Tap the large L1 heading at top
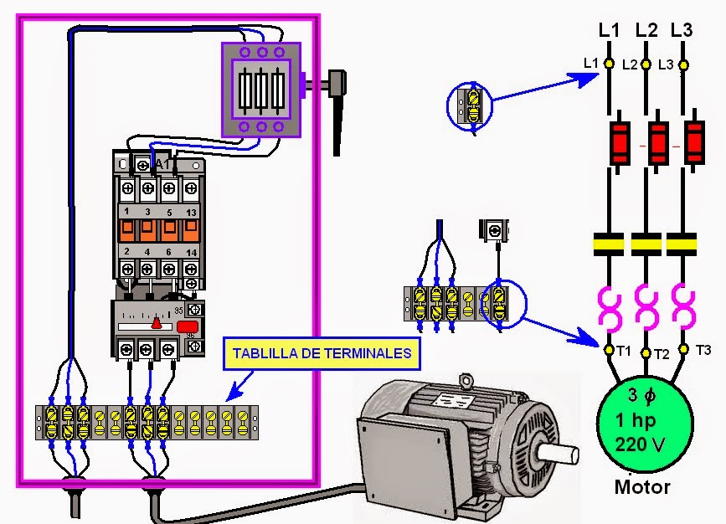coord(610,30)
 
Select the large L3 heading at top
coord(682,30)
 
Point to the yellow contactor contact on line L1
coord(610,244)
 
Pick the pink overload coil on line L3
coord(683,306)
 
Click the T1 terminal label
coord(624,351)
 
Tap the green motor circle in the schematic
coord(645,419)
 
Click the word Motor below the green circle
coord(643,486)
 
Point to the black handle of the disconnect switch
coord(337,113)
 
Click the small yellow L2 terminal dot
coord(646,64)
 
